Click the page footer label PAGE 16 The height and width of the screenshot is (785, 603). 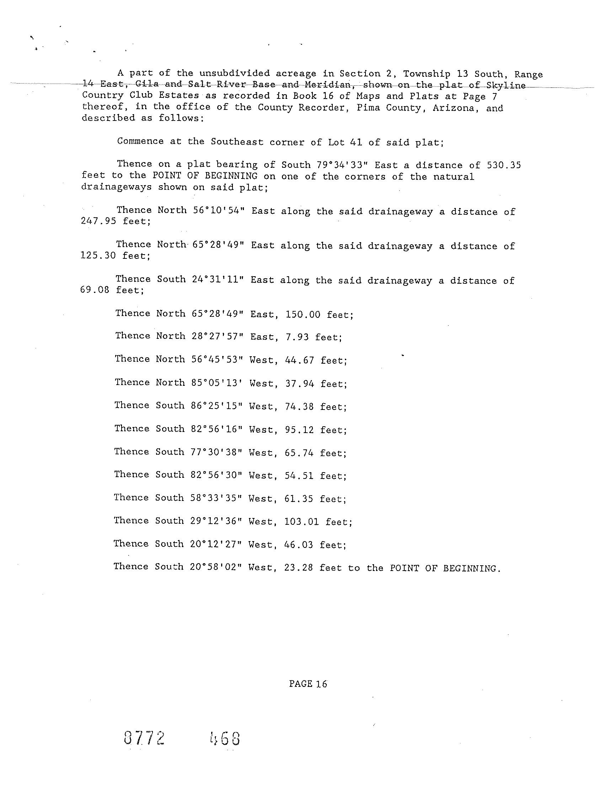[x=308, y=684]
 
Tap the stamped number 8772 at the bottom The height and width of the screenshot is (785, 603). [x=145, y=739]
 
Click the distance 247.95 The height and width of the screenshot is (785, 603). [x=98, y=221]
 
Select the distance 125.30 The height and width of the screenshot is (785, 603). [x=98, y=256]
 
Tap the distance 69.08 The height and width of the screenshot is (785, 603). [x=95, y=290]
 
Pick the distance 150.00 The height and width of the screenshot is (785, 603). [x=303, y=315]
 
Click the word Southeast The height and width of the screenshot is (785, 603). [x=236, y=141]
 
